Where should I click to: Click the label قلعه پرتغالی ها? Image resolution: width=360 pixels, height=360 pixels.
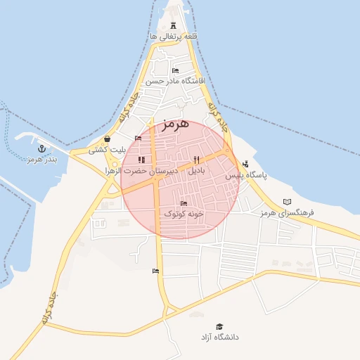tap(173, 35)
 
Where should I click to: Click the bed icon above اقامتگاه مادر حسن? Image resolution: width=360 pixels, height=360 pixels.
tap(175, 71)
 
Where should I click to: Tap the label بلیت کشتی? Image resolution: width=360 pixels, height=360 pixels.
tap(107, 150)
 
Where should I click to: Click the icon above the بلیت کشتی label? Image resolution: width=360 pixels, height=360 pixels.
tap(107, 139)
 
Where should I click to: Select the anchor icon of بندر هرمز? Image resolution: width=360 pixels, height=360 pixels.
tap(41, 149)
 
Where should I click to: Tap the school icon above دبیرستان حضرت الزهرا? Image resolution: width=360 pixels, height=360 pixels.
tap(141, 160)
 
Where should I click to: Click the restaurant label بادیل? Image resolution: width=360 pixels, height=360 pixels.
tap(196, 171)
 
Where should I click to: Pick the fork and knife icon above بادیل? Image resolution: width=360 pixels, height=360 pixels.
tap(196, 160)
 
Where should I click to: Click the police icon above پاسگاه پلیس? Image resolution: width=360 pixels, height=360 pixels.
tap(245, 165)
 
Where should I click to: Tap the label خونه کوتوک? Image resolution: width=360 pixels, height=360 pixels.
tap(184, 213)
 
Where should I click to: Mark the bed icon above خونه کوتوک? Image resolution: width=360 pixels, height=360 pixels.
tap(184, 203)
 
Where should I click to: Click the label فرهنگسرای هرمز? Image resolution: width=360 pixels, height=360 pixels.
tap(286, 212)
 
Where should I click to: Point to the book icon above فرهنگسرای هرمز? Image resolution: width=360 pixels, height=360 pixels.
tap(286, 201)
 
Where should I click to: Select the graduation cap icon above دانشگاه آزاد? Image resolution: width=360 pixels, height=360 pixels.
tap(219, 327)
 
